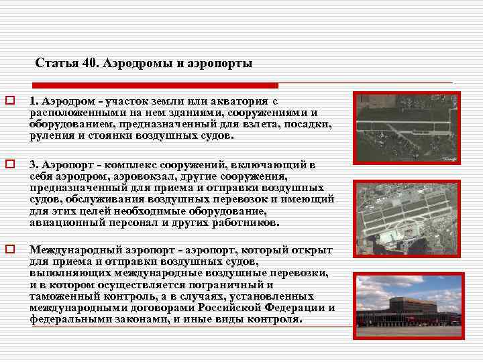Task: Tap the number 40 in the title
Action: (x=90, y=64)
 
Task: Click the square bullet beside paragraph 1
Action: (x=10, y=101)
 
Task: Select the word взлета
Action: (x=258, y=124)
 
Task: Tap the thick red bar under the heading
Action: (x=154, y=85)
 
